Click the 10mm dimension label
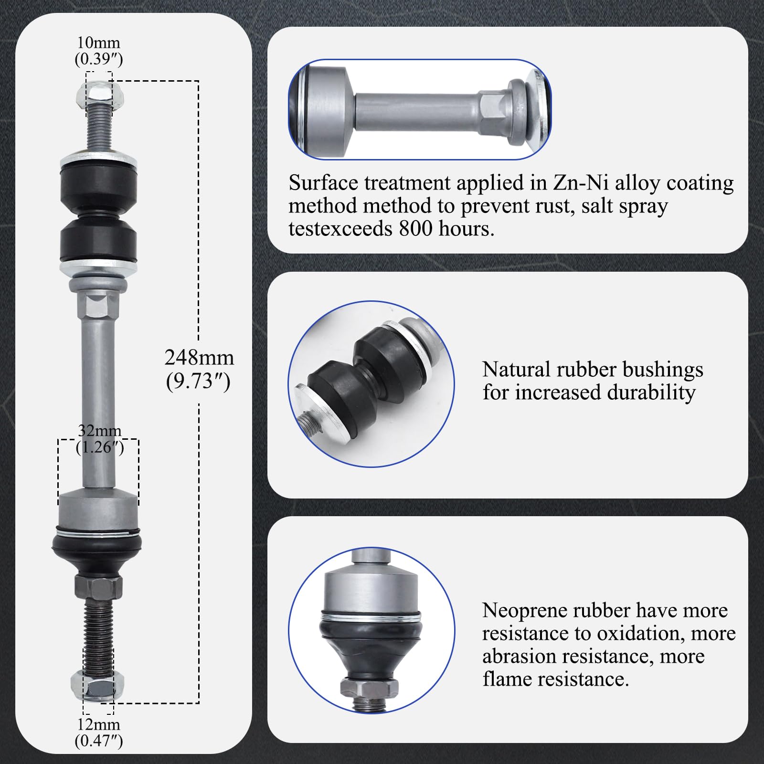98,43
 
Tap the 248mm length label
199,358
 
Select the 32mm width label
99,431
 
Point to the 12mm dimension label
98,724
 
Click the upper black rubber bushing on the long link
98,183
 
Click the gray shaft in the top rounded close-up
415,110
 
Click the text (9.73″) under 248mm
198,382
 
